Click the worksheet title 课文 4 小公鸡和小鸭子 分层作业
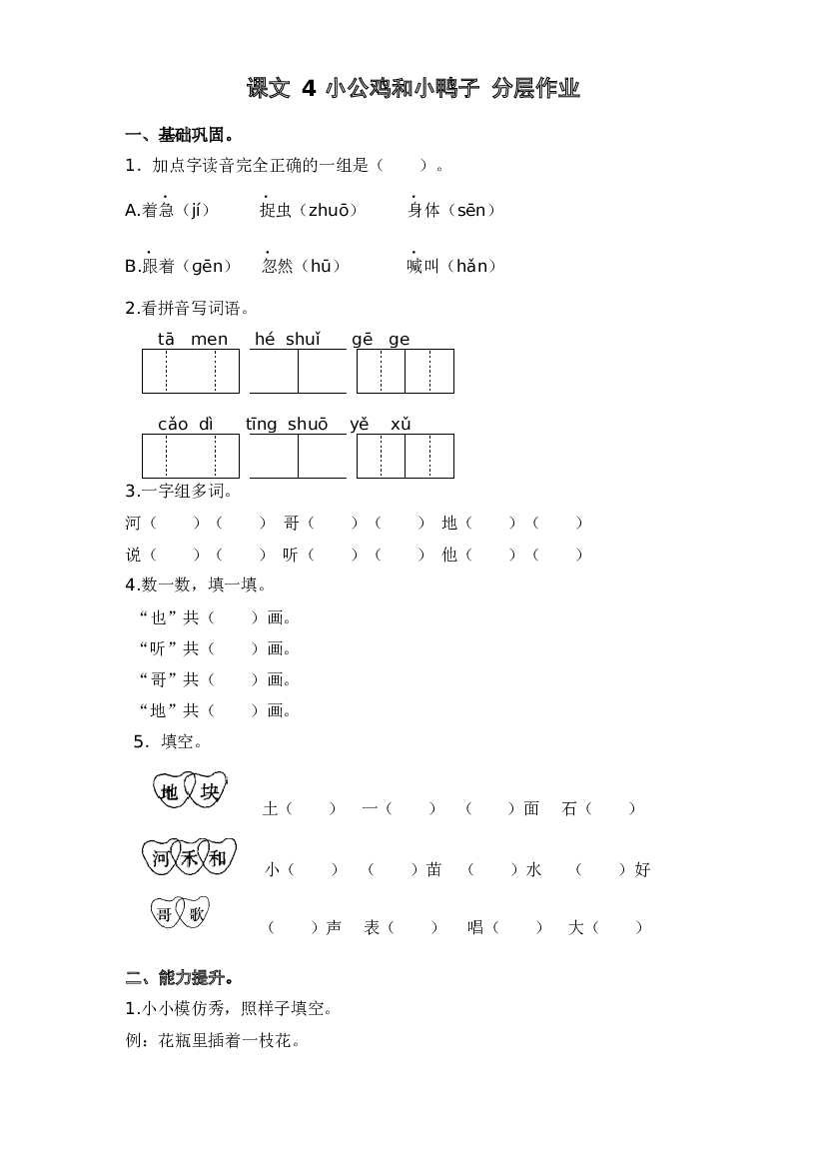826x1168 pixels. pos(413,89)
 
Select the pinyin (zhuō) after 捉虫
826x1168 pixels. pos(329,210)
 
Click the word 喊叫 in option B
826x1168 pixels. pos(423,266)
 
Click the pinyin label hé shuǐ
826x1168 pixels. pos(288,339)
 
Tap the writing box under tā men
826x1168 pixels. pos(191,371)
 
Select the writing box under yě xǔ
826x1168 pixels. pos(406,456)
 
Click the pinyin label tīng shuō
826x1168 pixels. pos(287,425)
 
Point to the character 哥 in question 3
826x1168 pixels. pos(292,523)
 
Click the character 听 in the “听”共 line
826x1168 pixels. pos(158,648)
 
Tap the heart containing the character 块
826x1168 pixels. pos(208,790)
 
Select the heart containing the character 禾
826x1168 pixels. pos(189,858)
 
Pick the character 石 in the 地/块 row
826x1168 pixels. pos(569,809)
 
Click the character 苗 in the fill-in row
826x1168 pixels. pos(434,869)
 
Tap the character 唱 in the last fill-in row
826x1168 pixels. pos(475,927)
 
